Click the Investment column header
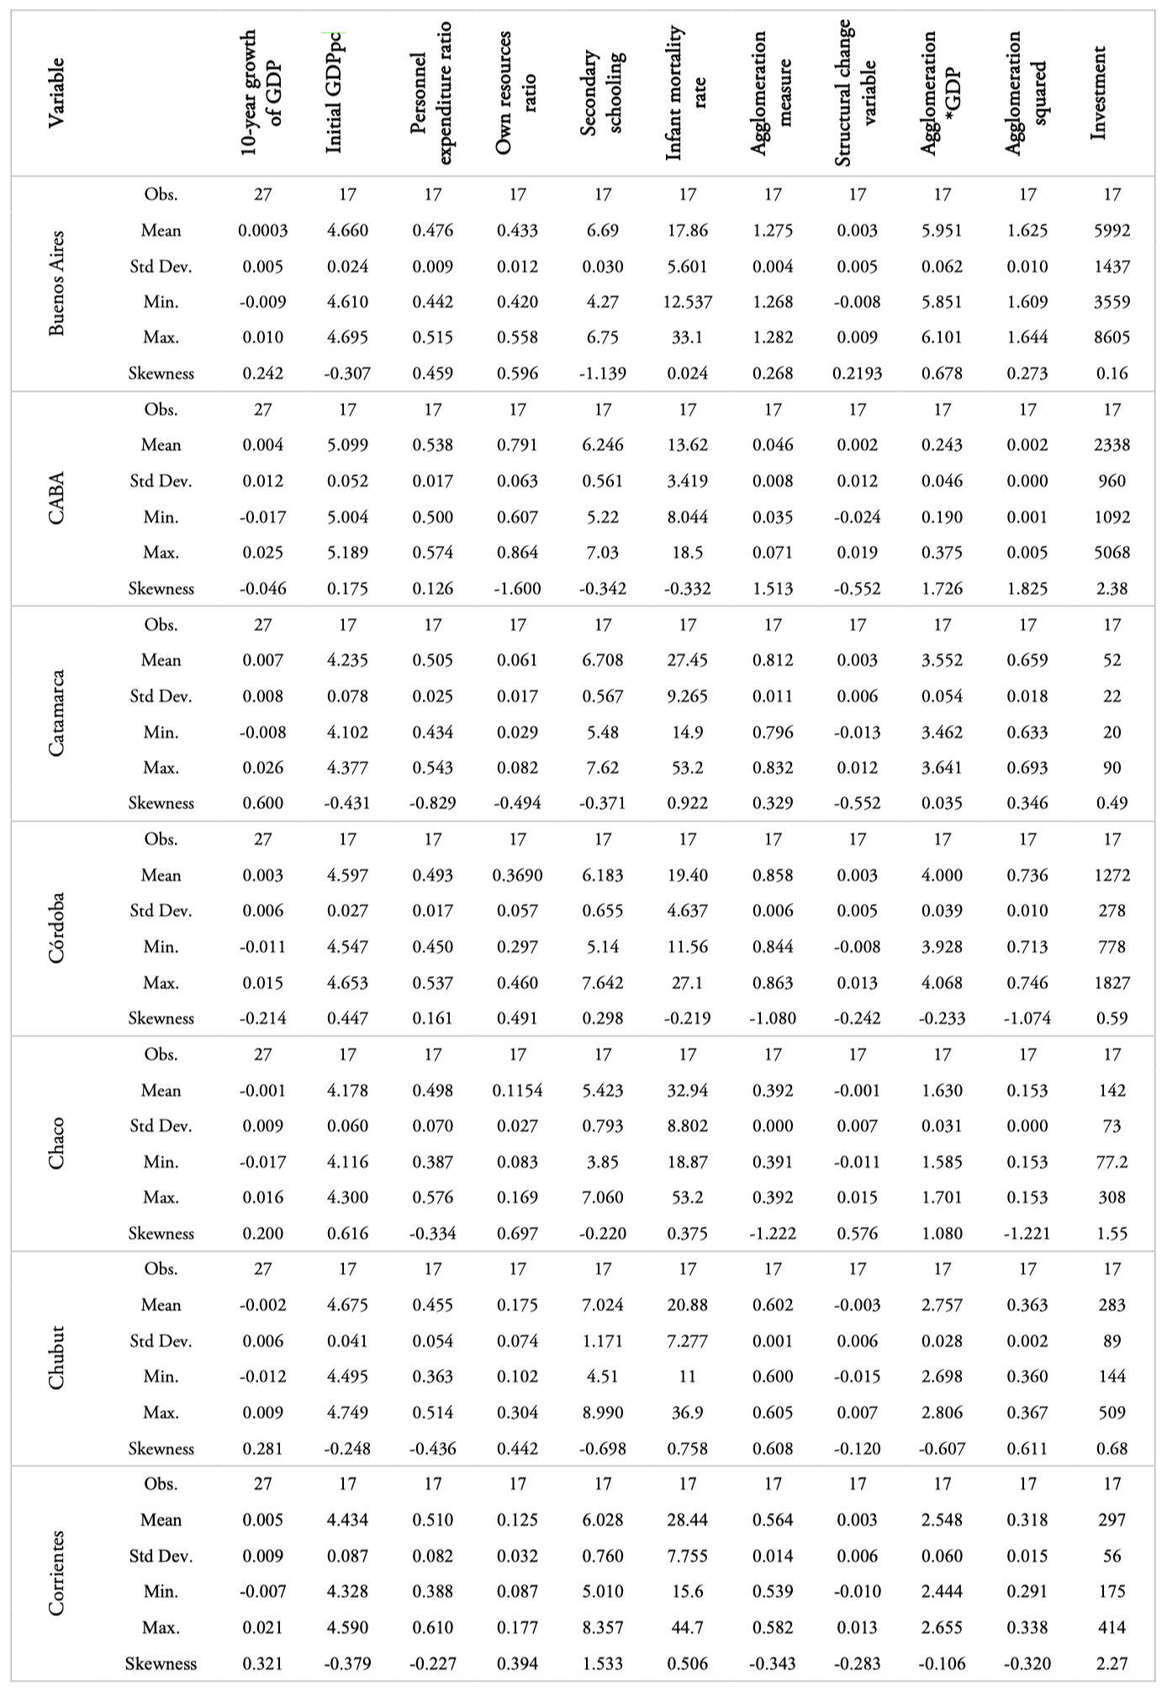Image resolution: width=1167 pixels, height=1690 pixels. [x=1098, y=92]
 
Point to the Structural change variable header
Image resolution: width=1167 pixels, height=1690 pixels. [x=857, y=92]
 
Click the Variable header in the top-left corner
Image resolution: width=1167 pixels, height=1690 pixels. [x=56, y=92]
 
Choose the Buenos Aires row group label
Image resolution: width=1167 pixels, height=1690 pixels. [x=56, y=283]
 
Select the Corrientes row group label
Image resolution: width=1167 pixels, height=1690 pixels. [x=56, y=1573]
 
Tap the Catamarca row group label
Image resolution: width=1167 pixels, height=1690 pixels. [x=56, y=713]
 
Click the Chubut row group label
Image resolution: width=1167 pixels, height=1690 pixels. [x=56, y=1358]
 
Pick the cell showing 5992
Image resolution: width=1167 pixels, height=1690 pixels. [x=1112, y=230]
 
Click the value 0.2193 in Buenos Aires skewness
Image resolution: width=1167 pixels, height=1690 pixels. [x=857, y=373]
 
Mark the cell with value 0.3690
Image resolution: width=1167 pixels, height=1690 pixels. [x=517, y=875]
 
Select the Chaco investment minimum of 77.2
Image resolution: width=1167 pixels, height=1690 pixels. [x=1112, y=1162]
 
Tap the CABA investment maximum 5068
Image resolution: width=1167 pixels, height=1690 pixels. [x=1112, y=552]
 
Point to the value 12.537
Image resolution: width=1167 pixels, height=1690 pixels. [x=687, y=302]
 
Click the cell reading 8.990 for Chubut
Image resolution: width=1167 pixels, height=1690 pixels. [x=603, y=1413]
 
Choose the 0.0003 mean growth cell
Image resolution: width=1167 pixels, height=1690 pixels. [x=263, y=230]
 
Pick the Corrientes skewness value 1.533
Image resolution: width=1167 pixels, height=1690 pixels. [x=603, y=1663]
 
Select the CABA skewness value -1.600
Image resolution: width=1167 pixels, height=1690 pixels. [x=517, y=589]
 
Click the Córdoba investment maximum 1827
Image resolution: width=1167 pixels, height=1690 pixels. [x=1112, y=983]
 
